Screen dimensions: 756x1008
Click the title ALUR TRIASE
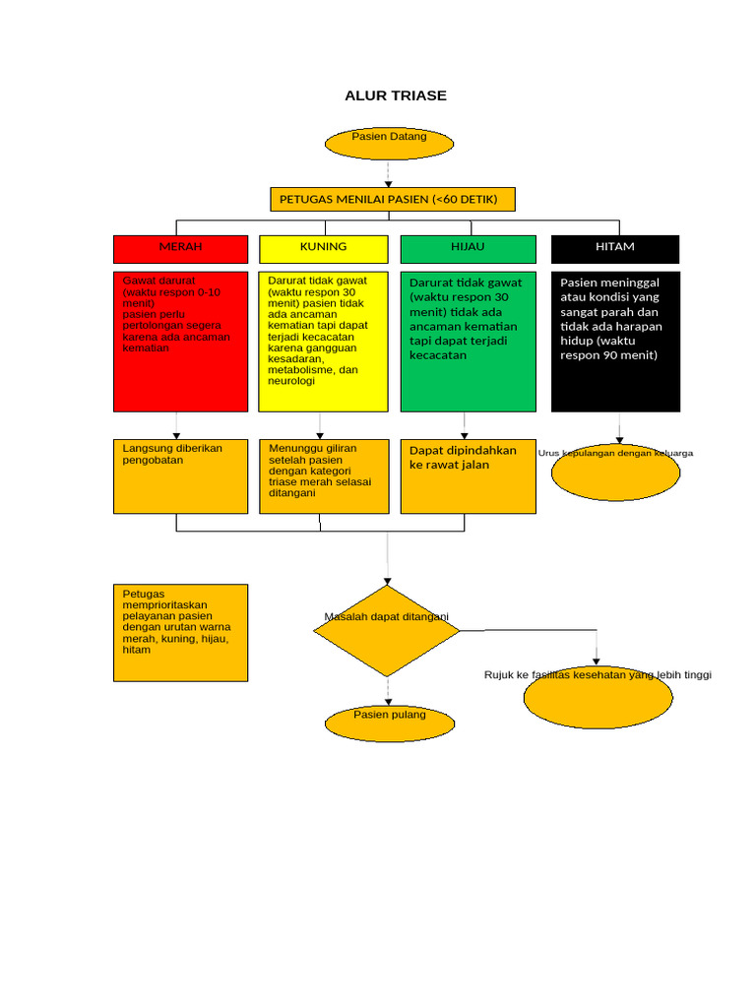tap(396, 95)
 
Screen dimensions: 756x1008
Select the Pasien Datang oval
tap(389, 144)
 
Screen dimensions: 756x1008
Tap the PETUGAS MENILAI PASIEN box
tap(393, 199)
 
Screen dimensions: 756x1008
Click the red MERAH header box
tap(181, 249)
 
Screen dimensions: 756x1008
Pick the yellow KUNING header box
tap(323, 249)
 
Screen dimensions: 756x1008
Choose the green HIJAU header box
tap(468, 249)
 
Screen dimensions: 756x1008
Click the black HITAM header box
tap(615, 249)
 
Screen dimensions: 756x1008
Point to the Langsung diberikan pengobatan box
tap(181, 476)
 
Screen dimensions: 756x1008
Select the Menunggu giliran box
tap(324, 476)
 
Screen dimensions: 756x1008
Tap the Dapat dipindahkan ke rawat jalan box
tap(468, 476)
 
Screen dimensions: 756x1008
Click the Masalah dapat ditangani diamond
tap(387, 631)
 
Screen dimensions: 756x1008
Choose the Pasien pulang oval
tap(390, 724)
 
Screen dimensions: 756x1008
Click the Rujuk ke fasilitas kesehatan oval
tap(598, 697)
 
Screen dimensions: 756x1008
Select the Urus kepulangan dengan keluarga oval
tap(615, 472)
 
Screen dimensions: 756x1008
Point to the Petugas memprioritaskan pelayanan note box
tap(181, 633)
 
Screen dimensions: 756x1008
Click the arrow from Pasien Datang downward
tap(388, 173)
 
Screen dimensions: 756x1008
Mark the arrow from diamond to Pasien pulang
tap(388, 692)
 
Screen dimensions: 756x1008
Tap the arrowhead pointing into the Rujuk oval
tap(596, 661)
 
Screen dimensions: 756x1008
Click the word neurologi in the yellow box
tap(291, 381)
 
